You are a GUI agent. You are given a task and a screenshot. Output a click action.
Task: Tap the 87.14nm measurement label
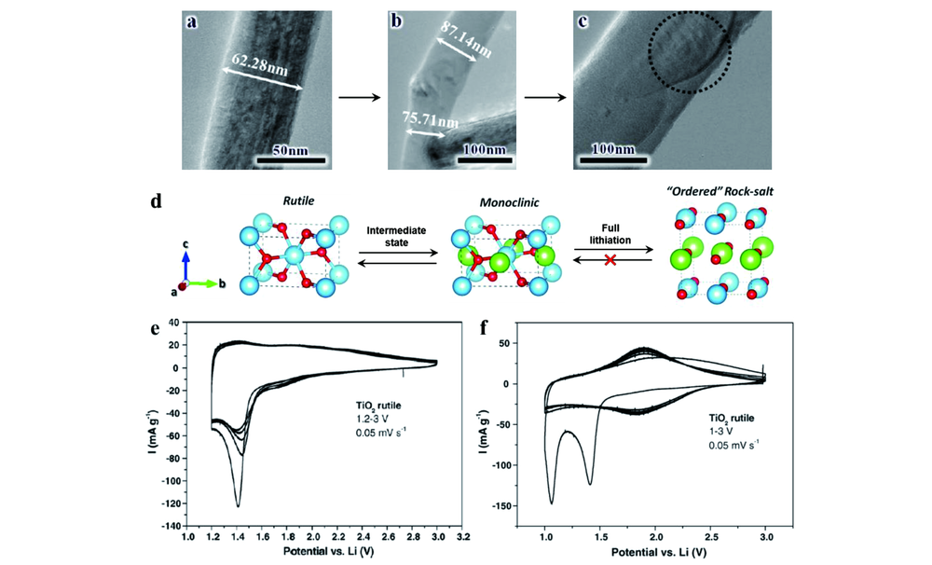pyautogui.click(x=465, y=39)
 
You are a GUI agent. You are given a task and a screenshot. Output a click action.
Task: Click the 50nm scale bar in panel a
pyautogui.click(x=291, y=160)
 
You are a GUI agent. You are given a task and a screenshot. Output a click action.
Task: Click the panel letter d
pyautogui.click(x=156, y=201)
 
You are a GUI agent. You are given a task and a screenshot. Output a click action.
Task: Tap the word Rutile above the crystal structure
pyautogui.click(x=298, y=201)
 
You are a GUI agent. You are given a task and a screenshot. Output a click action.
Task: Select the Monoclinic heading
pyautogui.click(x=510, y=203)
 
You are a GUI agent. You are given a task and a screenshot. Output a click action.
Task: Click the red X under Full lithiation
pyautogui.click(x=610, y=259)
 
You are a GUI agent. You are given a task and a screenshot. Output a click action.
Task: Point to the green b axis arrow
pyautogui.click(x=202, y=283)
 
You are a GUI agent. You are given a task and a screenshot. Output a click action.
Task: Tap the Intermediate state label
pyautogui.click(x=396, y=236)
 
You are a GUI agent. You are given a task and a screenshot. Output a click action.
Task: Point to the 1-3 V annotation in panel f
pyautogui.click(x=720, y=431)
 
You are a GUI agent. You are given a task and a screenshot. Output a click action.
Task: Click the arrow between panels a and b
pyautogui.click(x=359, y=97)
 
